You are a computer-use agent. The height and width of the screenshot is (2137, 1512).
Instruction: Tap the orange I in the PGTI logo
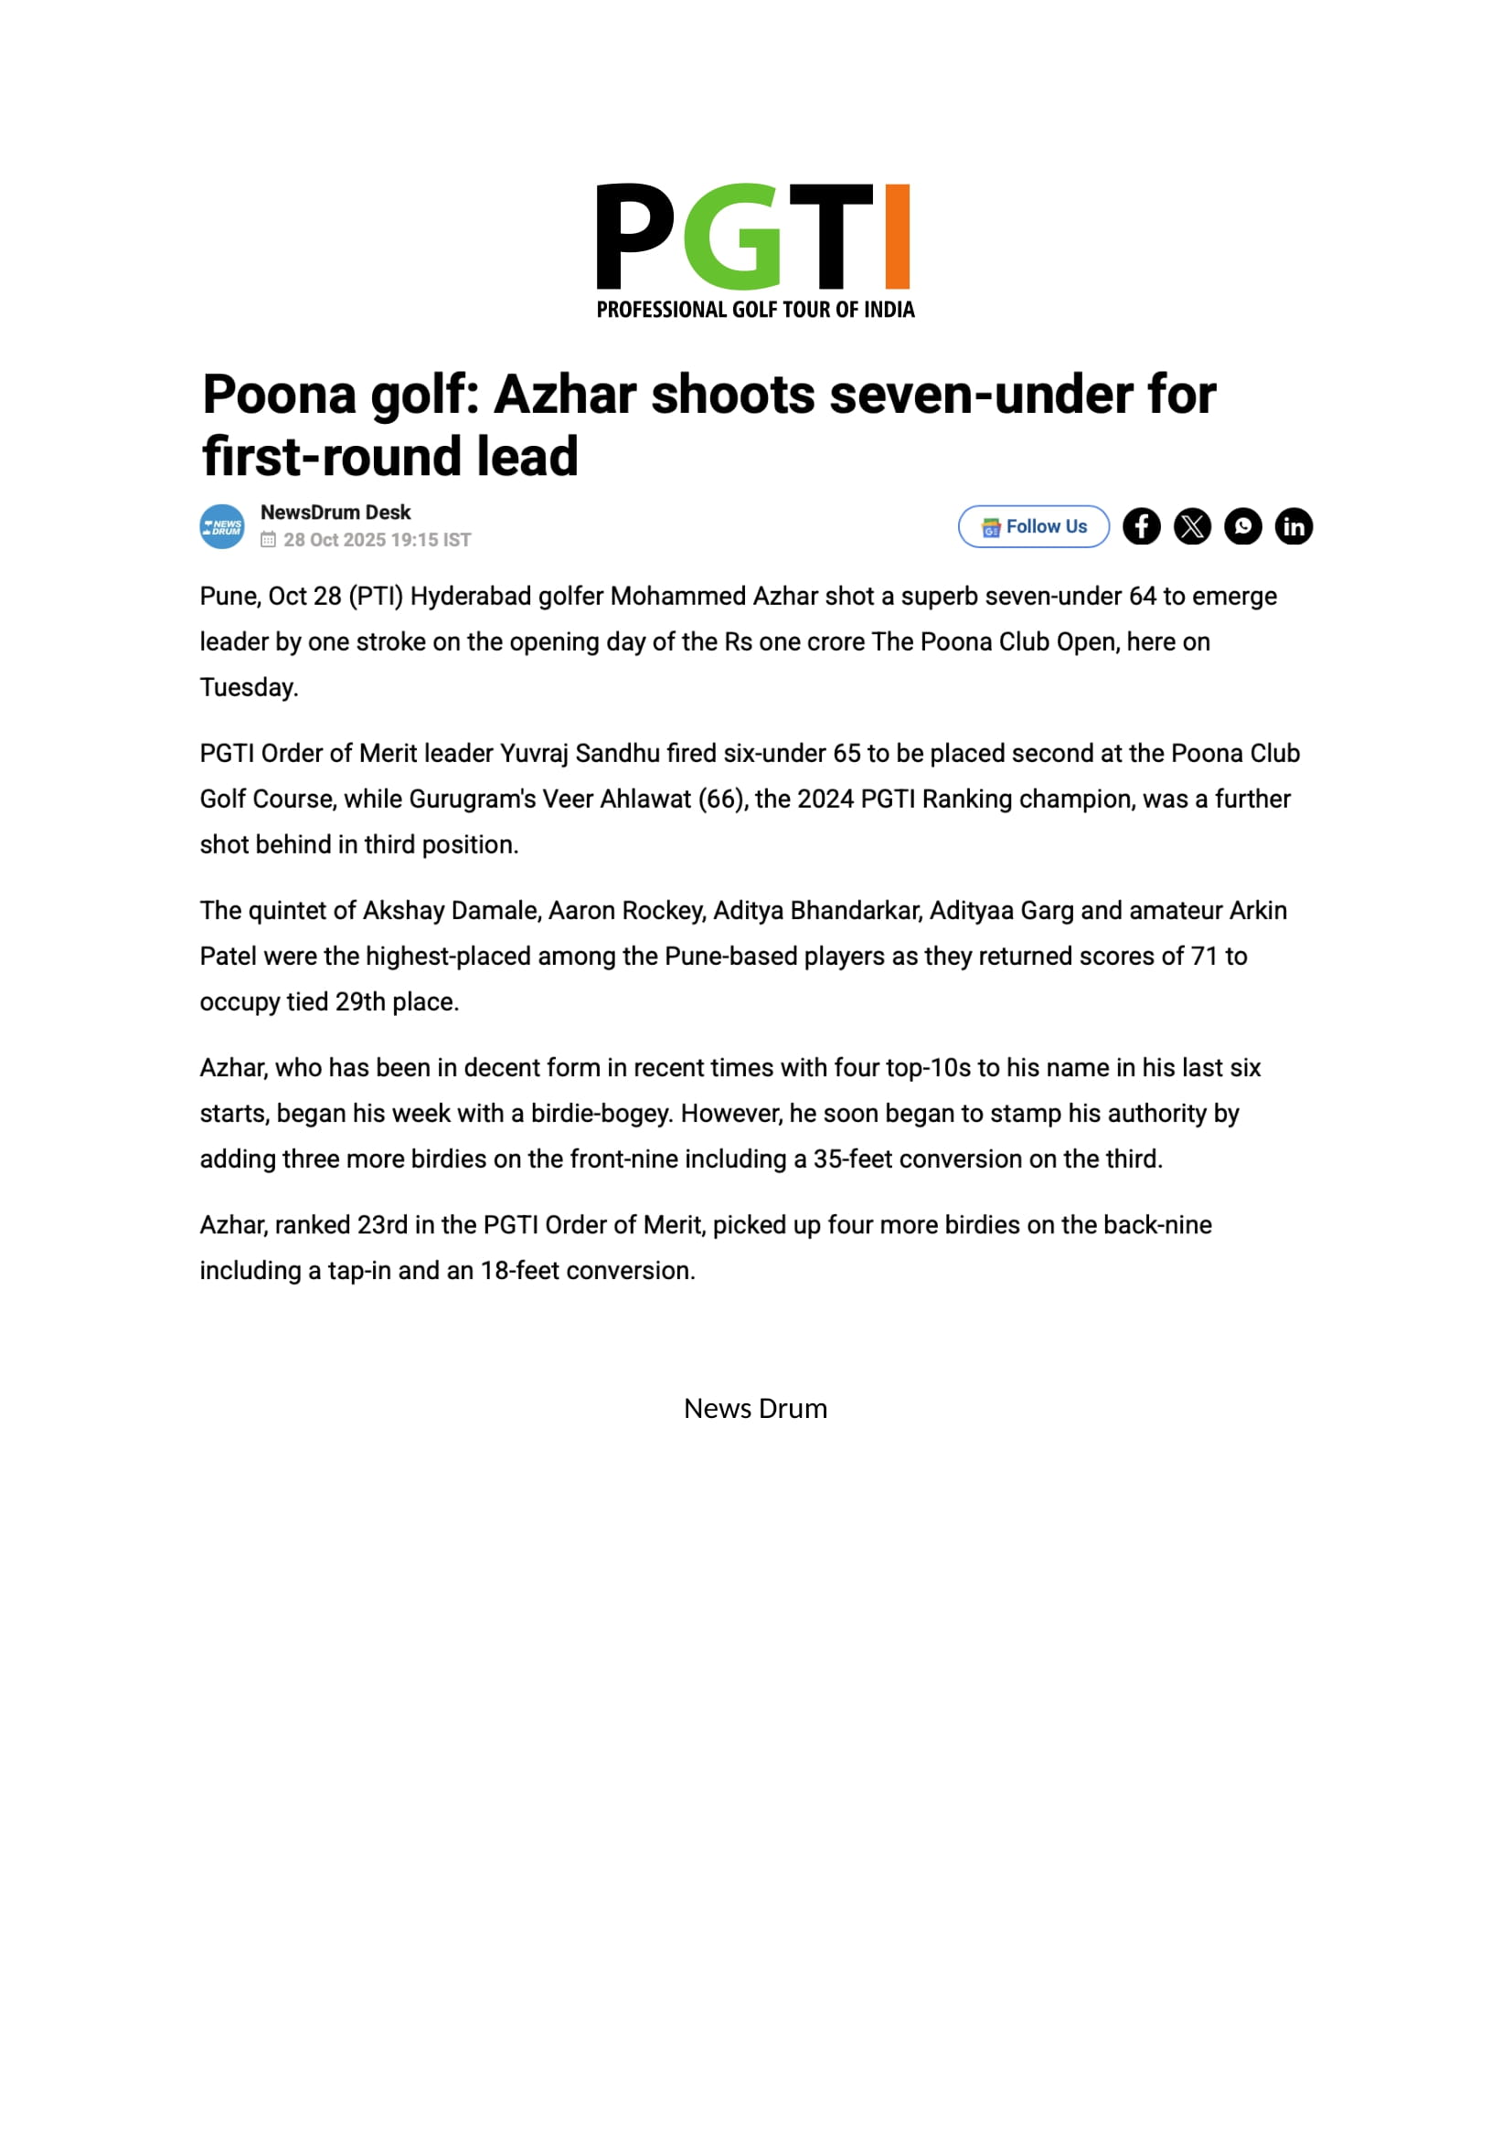tap(897, 237)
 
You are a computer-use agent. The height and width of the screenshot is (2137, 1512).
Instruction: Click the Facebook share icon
tap(1142, 527)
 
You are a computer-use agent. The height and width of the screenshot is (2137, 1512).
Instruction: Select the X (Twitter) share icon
tap(1192, 527)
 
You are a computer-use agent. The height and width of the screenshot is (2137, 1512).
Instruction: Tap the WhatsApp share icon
tap(1243, 527)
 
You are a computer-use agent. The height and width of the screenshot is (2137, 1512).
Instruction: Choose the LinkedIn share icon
tap(1294, 527)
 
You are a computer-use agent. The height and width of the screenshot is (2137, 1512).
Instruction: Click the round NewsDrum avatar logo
tap(222, 527)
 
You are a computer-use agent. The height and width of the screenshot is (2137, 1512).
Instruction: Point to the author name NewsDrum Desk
tap(335, 513)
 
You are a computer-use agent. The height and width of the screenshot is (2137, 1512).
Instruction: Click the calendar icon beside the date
tap(268, 540)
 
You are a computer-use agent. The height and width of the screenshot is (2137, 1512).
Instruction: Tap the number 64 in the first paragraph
tap(1143, 597)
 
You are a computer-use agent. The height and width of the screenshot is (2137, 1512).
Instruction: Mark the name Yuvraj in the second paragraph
tap(534, 754)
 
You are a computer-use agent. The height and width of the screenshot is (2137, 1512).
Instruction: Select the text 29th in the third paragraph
tap(359, 1002)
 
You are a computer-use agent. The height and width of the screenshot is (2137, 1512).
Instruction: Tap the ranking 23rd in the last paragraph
tap(382, 1226)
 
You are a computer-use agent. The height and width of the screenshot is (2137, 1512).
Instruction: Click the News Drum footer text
tap(755, 1409)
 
